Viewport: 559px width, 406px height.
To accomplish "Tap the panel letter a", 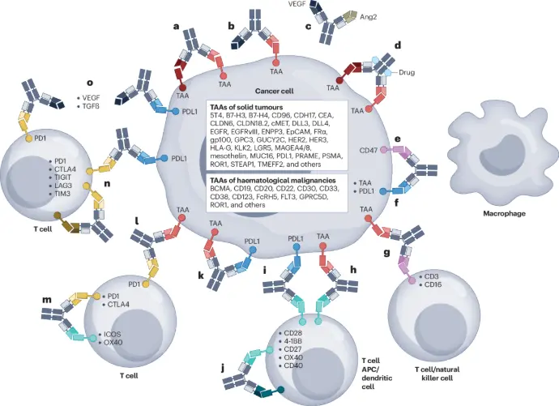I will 176,27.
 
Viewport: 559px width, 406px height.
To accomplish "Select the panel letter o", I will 90,82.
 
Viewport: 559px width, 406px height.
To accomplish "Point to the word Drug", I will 408,72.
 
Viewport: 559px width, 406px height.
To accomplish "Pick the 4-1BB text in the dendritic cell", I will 292,344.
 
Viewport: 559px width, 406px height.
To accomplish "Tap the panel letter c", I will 309,26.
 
